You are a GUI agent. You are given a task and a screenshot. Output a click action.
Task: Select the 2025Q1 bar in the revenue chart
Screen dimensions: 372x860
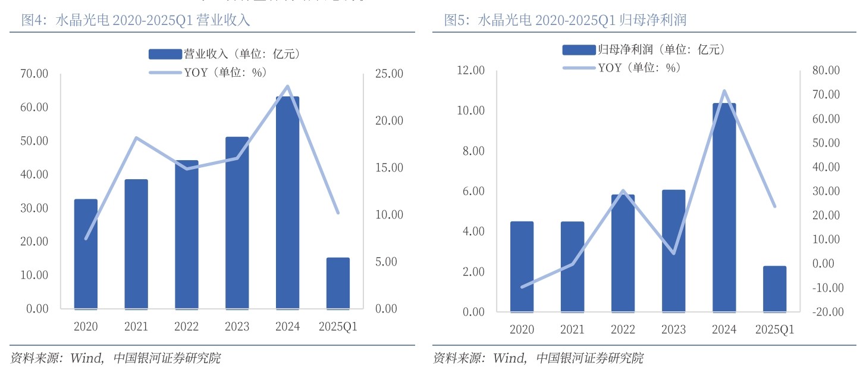pos(338,283)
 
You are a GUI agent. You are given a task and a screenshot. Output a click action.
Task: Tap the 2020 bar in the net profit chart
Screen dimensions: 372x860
pos(522,267)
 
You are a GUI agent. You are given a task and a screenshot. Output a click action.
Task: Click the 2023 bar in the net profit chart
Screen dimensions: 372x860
pos(673,250)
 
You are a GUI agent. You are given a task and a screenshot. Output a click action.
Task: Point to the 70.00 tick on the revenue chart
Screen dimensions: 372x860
pos(33,74)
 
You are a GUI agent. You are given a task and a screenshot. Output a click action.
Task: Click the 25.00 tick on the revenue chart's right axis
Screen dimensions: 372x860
pos(390,74)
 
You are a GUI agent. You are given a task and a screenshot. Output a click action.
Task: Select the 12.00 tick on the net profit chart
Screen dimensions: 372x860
pos(470,70)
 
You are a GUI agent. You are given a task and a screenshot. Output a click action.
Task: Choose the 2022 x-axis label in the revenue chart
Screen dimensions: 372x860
pos(187,326)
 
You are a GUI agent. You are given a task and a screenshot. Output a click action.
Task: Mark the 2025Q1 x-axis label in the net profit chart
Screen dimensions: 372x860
pos(774,330)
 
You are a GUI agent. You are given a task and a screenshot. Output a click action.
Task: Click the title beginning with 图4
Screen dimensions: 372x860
pos(136,20)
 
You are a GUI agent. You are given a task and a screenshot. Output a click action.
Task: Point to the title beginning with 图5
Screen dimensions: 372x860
pos(565,20)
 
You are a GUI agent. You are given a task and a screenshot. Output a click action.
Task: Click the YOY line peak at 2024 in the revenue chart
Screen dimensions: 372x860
pos(288,86)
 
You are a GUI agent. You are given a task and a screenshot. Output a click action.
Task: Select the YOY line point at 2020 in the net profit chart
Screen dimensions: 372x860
pos(522,287)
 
